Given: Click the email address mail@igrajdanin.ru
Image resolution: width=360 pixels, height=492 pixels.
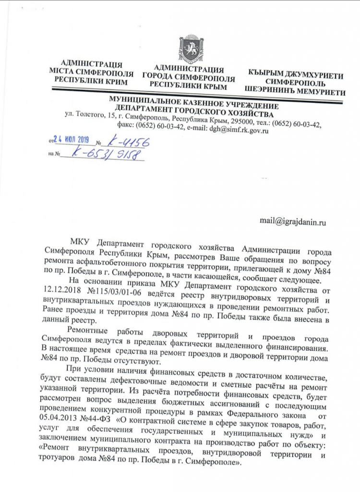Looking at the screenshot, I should pos(293,221).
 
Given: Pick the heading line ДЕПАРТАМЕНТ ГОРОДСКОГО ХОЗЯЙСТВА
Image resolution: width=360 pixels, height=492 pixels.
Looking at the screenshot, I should pos(194,111).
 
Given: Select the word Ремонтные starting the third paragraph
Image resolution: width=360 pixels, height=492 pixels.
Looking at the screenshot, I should pos(90,330).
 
